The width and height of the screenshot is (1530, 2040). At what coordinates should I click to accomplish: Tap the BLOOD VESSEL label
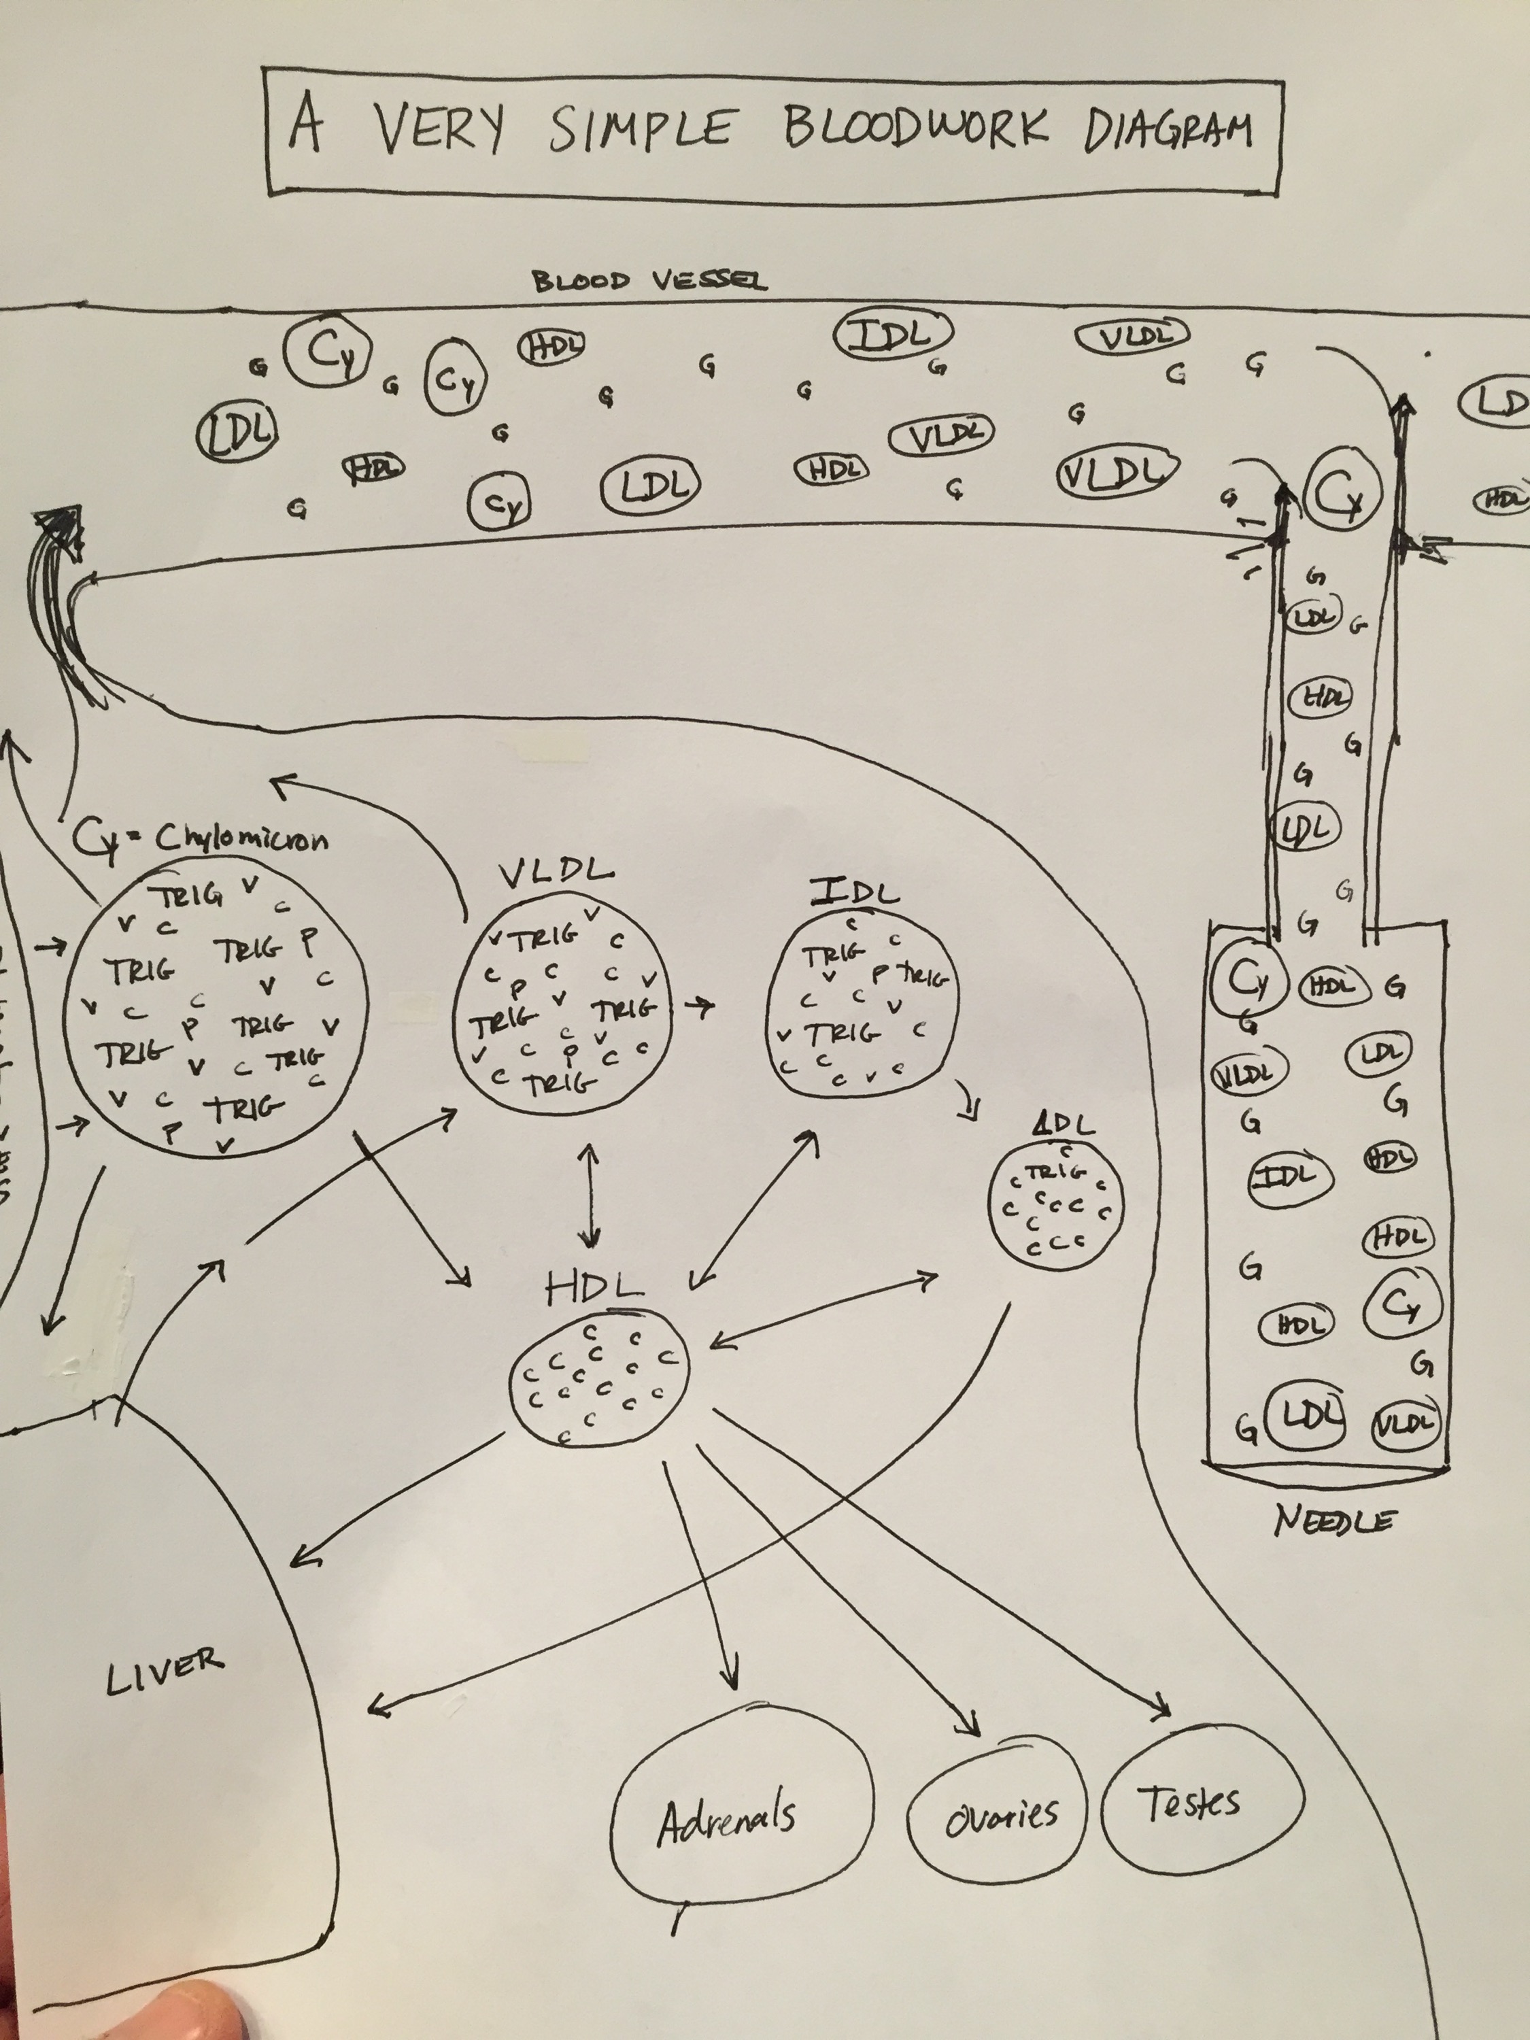coord(648,280)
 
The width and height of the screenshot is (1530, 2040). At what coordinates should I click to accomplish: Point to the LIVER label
coord(164,1670)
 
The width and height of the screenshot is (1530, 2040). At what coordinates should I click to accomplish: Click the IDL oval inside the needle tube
coord(1291,1176)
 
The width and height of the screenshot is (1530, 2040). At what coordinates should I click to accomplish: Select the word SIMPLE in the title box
coord(643,127)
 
